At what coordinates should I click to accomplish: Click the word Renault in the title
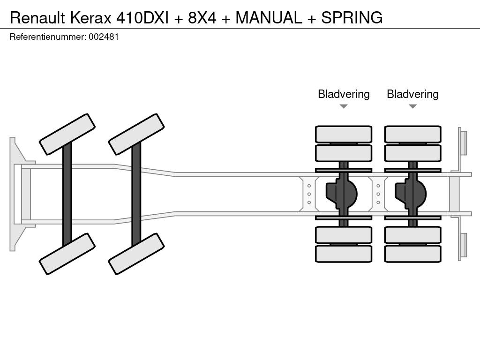(37, 17)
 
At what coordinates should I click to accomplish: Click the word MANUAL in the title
(269, 17)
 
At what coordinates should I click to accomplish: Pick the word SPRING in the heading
(352, 17)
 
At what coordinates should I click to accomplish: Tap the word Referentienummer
(47, 37)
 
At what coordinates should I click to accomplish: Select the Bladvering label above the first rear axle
(344, 94)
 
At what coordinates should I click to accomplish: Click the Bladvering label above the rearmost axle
(412, 94)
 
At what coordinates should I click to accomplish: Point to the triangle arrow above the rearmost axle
(412, 106)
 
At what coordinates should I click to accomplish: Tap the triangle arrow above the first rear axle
(344, 106)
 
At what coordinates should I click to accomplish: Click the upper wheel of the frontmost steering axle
(67, 134)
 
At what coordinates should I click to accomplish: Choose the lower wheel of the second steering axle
(136, 254)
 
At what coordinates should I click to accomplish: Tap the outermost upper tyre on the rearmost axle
(412, 134)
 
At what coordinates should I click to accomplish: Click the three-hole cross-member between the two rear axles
(378, 194)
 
